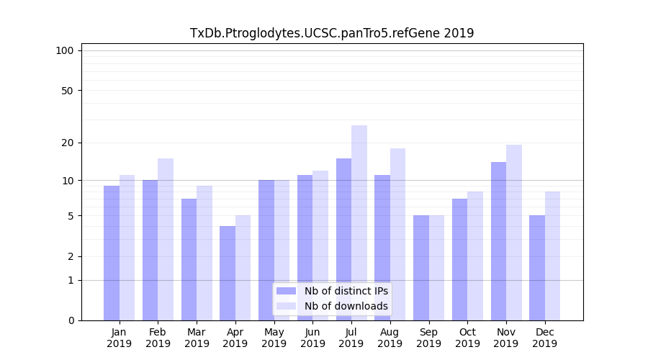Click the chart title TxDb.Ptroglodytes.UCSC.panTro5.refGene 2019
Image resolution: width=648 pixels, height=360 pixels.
coord(332,33)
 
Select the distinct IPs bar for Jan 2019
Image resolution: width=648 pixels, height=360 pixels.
coord(112,252)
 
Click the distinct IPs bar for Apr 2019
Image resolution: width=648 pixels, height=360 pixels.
coord(228,274)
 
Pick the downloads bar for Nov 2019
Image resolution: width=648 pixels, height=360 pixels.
coord(514,230)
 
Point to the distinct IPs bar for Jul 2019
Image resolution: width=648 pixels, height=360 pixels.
coord(343,238)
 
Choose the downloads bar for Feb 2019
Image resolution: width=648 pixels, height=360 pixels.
coord(166,238)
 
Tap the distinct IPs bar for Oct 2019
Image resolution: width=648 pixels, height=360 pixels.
coord(460,259)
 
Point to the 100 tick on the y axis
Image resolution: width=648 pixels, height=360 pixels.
coord(65,50)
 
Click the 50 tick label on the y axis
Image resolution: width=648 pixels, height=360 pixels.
coord(67,91)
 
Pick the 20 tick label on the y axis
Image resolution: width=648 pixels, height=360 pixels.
coord(67,143)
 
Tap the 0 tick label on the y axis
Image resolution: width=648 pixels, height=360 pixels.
coord(71,320)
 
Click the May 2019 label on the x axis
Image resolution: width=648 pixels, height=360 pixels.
coord(274,338)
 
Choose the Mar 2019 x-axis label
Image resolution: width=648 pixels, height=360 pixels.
coord(197,338)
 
